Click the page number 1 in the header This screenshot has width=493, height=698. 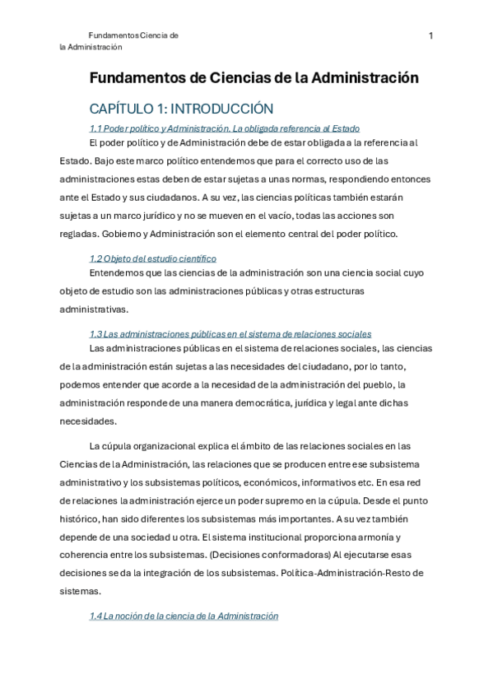click(x=430, y=35)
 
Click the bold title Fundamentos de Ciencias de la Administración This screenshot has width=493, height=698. click(x=254, y=78)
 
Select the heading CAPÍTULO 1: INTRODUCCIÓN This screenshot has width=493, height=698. click(x=181, y=109)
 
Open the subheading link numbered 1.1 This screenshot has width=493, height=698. click(x=225, y=128)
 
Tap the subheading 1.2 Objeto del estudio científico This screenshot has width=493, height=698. click(x=152, y=258)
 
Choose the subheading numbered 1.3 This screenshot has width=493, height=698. click(x=230, y=333)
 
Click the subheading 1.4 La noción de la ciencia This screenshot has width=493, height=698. click(x=184, y=616)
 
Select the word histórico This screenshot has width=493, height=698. click(x=80, y=519)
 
